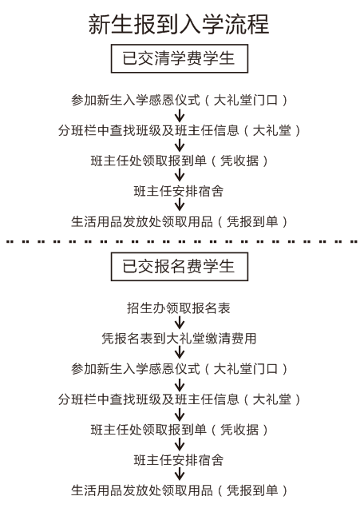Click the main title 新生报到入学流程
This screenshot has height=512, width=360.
click(x=179, y=24)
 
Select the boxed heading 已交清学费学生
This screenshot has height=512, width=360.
click(x=180, y=58)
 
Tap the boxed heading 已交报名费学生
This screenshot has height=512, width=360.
click(x=180, y=267)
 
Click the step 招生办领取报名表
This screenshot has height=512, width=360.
click(x=179, y=308)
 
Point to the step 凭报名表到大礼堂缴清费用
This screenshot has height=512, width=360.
click(x=179, y=339)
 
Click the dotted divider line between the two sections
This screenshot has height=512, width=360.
click(x=181, y=242)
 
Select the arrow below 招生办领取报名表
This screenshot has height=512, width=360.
click(x=179, y=323)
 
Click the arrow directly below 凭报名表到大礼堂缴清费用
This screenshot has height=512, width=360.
click(x=179, y=353)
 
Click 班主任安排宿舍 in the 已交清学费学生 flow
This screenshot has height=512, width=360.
click(x=179, y=191)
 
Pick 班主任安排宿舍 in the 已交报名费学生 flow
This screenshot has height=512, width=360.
click(x=179, y=460)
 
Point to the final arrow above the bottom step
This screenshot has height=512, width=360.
click(x=179, y=474)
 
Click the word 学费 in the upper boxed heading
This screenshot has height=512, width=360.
click(x=187, y=58)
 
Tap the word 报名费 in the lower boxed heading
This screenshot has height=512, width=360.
click(x=179, y=267)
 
